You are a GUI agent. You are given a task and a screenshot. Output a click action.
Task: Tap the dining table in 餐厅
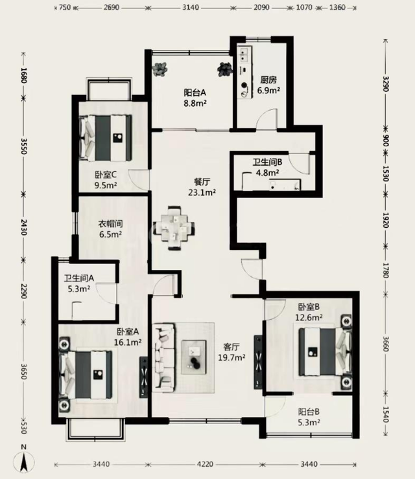174,228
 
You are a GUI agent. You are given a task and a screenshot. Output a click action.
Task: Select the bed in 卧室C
106,138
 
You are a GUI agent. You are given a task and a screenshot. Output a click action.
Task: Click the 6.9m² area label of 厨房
268,91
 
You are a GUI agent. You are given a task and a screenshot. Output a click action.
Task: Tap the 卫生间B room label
267,162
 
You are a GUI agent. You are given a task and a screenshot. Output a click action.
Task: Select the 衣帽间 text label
110,224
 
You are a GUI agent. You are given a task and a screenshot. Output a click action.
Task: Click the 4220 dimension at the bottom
205,464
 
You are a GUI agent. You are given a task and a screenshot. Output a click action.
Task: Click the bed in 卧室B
325,351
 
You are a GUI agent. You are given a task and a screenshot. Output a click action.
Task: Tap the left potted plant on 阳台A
161,69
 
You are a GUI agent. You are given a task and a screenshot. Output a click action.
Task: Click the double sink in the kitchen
244,55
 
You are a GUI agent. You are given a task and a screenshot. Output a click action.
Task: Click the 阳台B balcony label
309,412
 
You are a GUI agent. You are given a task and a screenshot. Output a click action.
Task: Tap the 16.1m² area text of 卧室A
128,342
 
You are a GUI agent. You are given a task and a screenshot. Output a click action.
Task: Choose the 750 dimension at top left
65,7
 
